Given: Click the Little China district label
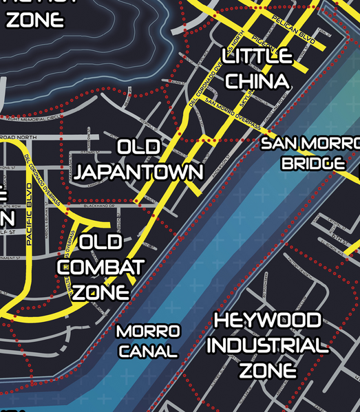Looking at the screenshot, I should [x=257, y=69].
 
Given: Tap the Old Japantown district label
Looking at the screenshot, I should [x=138, y=160].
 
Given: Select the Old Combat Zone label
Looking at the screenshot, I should [x=101, y=267].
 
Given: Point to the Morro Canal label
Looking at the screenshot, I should [x=147, y=341].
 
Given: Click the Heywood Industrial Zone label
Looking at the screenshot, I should [x=267, y=345].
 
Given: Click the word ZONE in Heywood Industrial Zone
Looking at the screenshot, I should [x=268, y=370].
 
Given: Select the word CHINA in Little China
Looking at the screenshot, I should [x=257, y=81].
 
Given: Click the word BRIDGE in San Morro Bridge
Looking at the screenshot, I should [x=313, y=164].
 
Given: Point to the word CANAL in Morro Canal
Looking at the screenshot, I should [x=147, y=351].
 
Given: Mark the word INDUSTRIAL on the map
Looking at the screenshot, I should [x=267, y=345].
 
